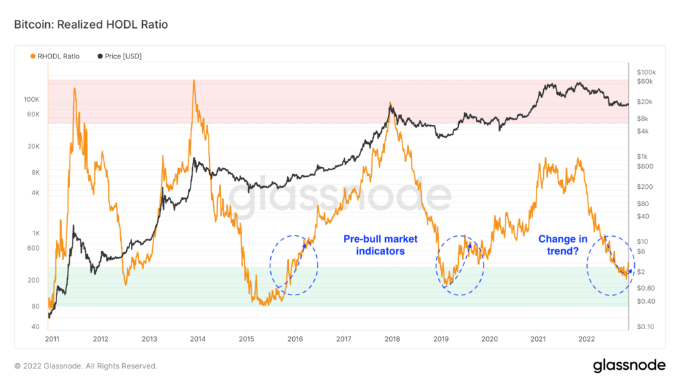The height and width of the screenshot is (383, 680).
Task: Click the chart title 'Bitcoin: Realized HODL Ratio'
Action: pos(90,25)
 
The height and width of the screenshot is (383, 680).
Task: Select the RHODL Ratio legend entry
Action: pos(55,56)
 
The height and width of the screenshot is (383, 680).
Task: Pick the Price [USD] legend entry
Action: pos(120,56)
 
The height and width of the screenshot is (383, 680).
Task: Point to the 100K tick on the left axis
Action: pos(32,99)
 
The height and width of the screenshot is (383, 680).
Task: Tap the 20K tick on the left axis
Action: pos(33,146)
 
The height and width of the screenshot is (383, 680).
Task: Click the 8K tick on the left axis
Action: pos(35,172)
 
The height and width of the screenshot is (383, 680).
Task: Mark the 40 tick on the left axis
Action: pos(35,327)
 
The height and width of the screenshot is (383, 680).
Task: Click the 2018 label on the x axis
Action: pos(392,339)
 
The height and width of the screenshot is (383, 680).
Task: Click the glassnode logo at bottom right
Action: pos(629,365)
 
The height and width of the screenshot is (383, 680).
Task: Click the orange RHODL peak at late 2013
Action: pos(193,81)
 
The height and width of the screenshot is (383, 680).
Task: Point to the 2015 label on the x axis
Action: pos(246,339)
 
